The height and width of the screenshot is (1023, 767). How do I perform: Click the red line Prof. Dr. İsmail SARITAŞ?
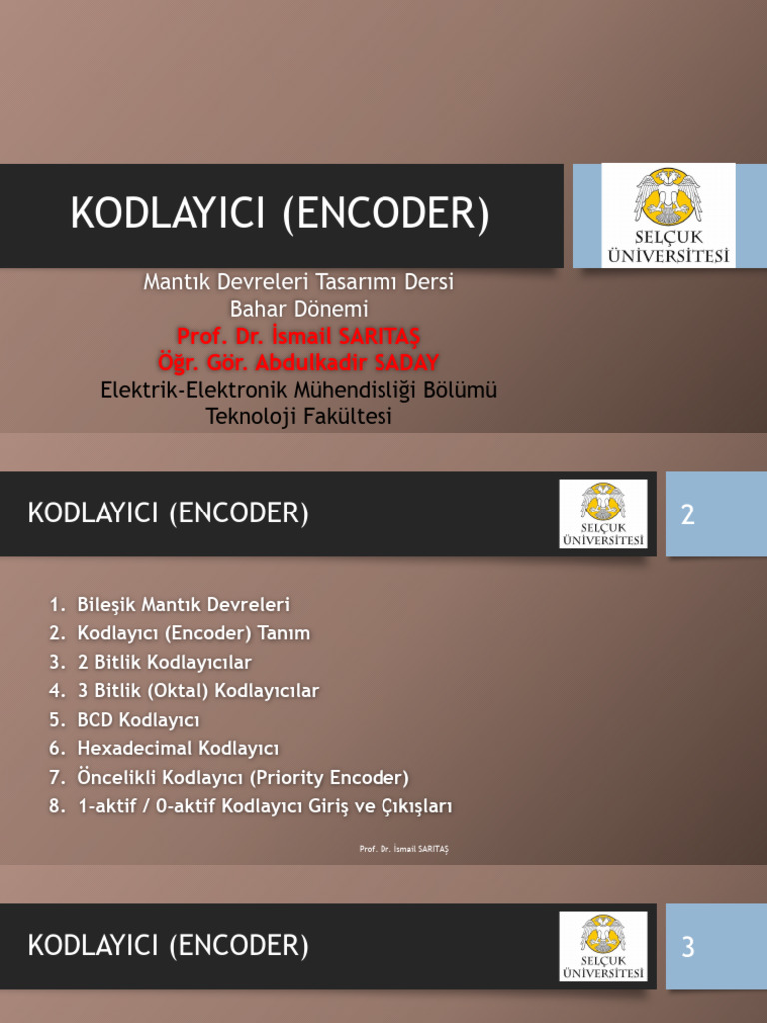299,335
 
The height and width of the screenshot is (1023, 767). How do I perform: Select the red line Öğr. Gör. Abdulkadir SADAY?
299,361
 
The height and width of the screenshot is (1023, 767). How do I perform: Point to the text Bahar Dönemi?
299,309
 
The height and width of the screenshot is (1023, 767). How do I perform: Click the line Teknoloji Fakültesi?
299,416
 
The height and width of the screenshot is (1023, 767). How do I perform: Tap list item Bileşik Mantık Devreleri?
183,604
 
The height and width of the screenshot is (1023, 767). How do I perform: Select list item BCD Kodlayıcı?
138,719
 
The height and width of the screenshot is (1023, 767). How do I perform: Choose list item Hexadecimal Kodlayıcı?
177,748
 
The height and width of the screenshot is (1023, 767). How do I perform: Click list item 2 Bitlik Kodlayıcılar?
164,661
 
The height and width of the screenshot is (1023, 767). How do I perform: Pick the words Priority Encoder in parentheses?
334,777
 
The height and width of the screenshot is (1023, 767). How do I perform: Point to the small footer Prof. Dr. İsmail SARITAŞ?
404,849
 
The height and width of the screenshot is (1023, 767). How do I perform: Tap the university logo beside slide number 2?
603,513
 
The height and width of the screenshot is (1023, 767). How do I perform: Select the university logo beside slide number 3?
603,946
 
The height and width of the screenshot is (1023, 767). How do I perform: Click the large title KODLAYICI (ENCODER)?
280,215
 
